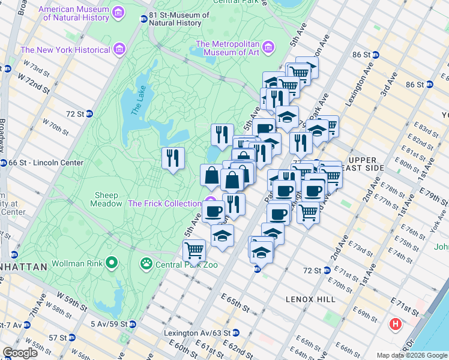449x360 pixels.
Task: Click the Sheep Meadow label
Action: pyautogui.click(x=106, y=199)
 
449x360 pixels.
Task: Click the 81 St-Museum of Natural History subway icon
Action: pyautogui.click(x=143, y=19)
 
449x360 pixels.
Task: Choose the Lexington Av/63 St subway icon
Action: pyautogui.click(x=236, y=332)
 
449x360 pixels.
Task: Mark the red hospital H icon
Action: pyautogui.click(x=396, y=325)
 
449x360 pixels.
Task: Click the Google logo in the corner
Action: pyautogui.click(x=20, y=352)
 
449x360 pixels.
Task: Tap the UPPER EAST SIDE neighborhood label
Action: pyautogui.click(x=370, y=164)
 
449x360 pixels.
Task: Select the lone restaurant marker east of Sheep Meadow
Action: pyautogui.click(x=173, y=158)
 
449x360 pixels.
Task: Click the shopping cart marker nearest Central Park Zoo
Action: pyautogui.click(x=194, y=250)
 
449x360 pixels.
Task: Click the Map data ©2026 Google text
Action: pyautogui.click(x=411, y=355)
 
